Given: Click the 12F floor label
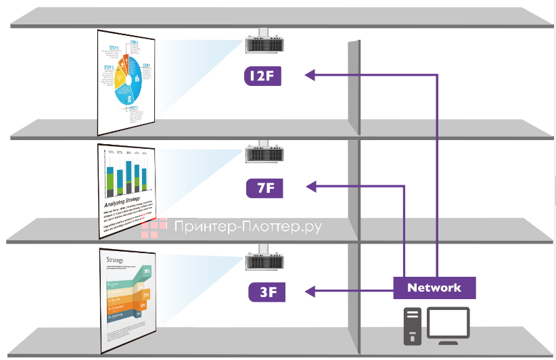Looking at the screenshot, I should [262, 76].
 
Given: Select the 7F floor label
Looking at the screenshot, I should [264, 187].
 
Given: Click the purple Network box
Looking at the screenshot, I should [434, 288].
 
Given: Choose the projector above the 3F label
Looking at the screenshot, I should [262, 263].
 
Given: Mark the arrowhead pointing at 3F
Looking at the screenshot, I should [310, 292].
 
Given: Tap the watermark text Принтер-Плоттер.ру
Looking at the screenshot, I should [248, 229].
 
